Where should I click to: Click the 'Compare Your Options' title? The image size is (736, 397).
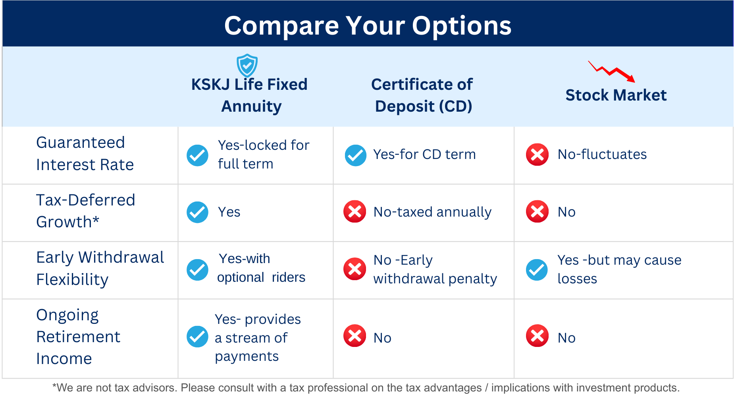pos(368,26)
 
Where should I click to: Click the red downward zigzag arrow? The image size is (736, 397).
pos(611,72)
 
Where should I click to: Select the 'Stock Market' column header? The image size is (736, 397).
pos(616,95)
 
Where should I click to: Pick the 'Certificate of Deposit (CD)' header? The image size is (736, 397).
pos(422,95)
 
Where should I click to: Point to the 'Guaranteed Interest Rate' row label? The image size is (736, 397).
pos(85,153)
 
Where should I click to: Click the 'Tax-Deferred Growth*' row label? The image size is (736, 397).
pos(86,211)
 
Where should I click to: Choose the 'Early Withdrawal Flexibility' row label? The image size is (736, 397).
pos(100,269)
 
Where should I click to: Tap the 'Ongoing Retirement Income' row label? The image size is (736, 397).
pos(78,337)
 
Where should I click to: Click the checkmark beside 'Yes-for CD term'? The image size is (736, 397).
pos(355,155)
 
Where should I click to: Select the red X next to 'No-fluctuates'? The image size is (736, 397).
pos(537,155)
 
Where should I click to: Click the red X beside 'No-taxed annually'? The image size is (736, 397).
pos(355,211)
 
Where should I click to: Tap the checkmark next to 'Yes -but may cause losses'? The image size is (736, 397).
pos(537,270)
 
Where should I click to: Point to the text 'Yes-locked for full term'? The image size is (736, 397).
pos(264,155)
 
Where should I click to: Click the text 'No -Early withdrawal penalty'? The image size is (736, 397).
pos(435,269)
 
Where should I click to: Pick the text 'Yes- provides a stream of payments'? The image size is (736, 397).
pos(258,338)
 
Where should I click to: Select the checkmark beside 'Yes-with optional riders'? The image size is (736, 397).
pos(197,270)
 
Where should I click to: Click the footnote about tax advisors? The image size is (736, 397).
pos(366,388)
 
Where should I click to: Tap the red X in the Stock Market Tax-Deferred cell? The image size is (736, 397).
pos(537,211)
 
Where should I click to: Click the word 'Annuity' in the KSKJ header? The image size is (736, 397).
pos(251,107)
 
